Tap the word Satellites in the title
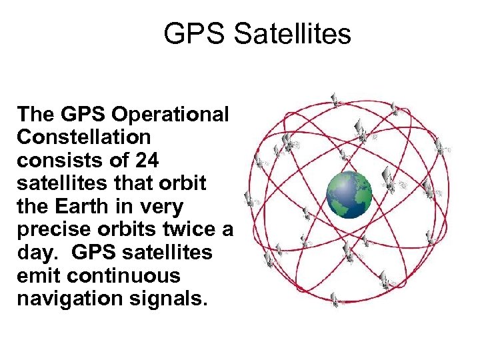tap(292, 34)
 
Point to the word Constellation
tap(84, 137)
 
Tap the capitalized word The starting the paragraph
tap(36, 114)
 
